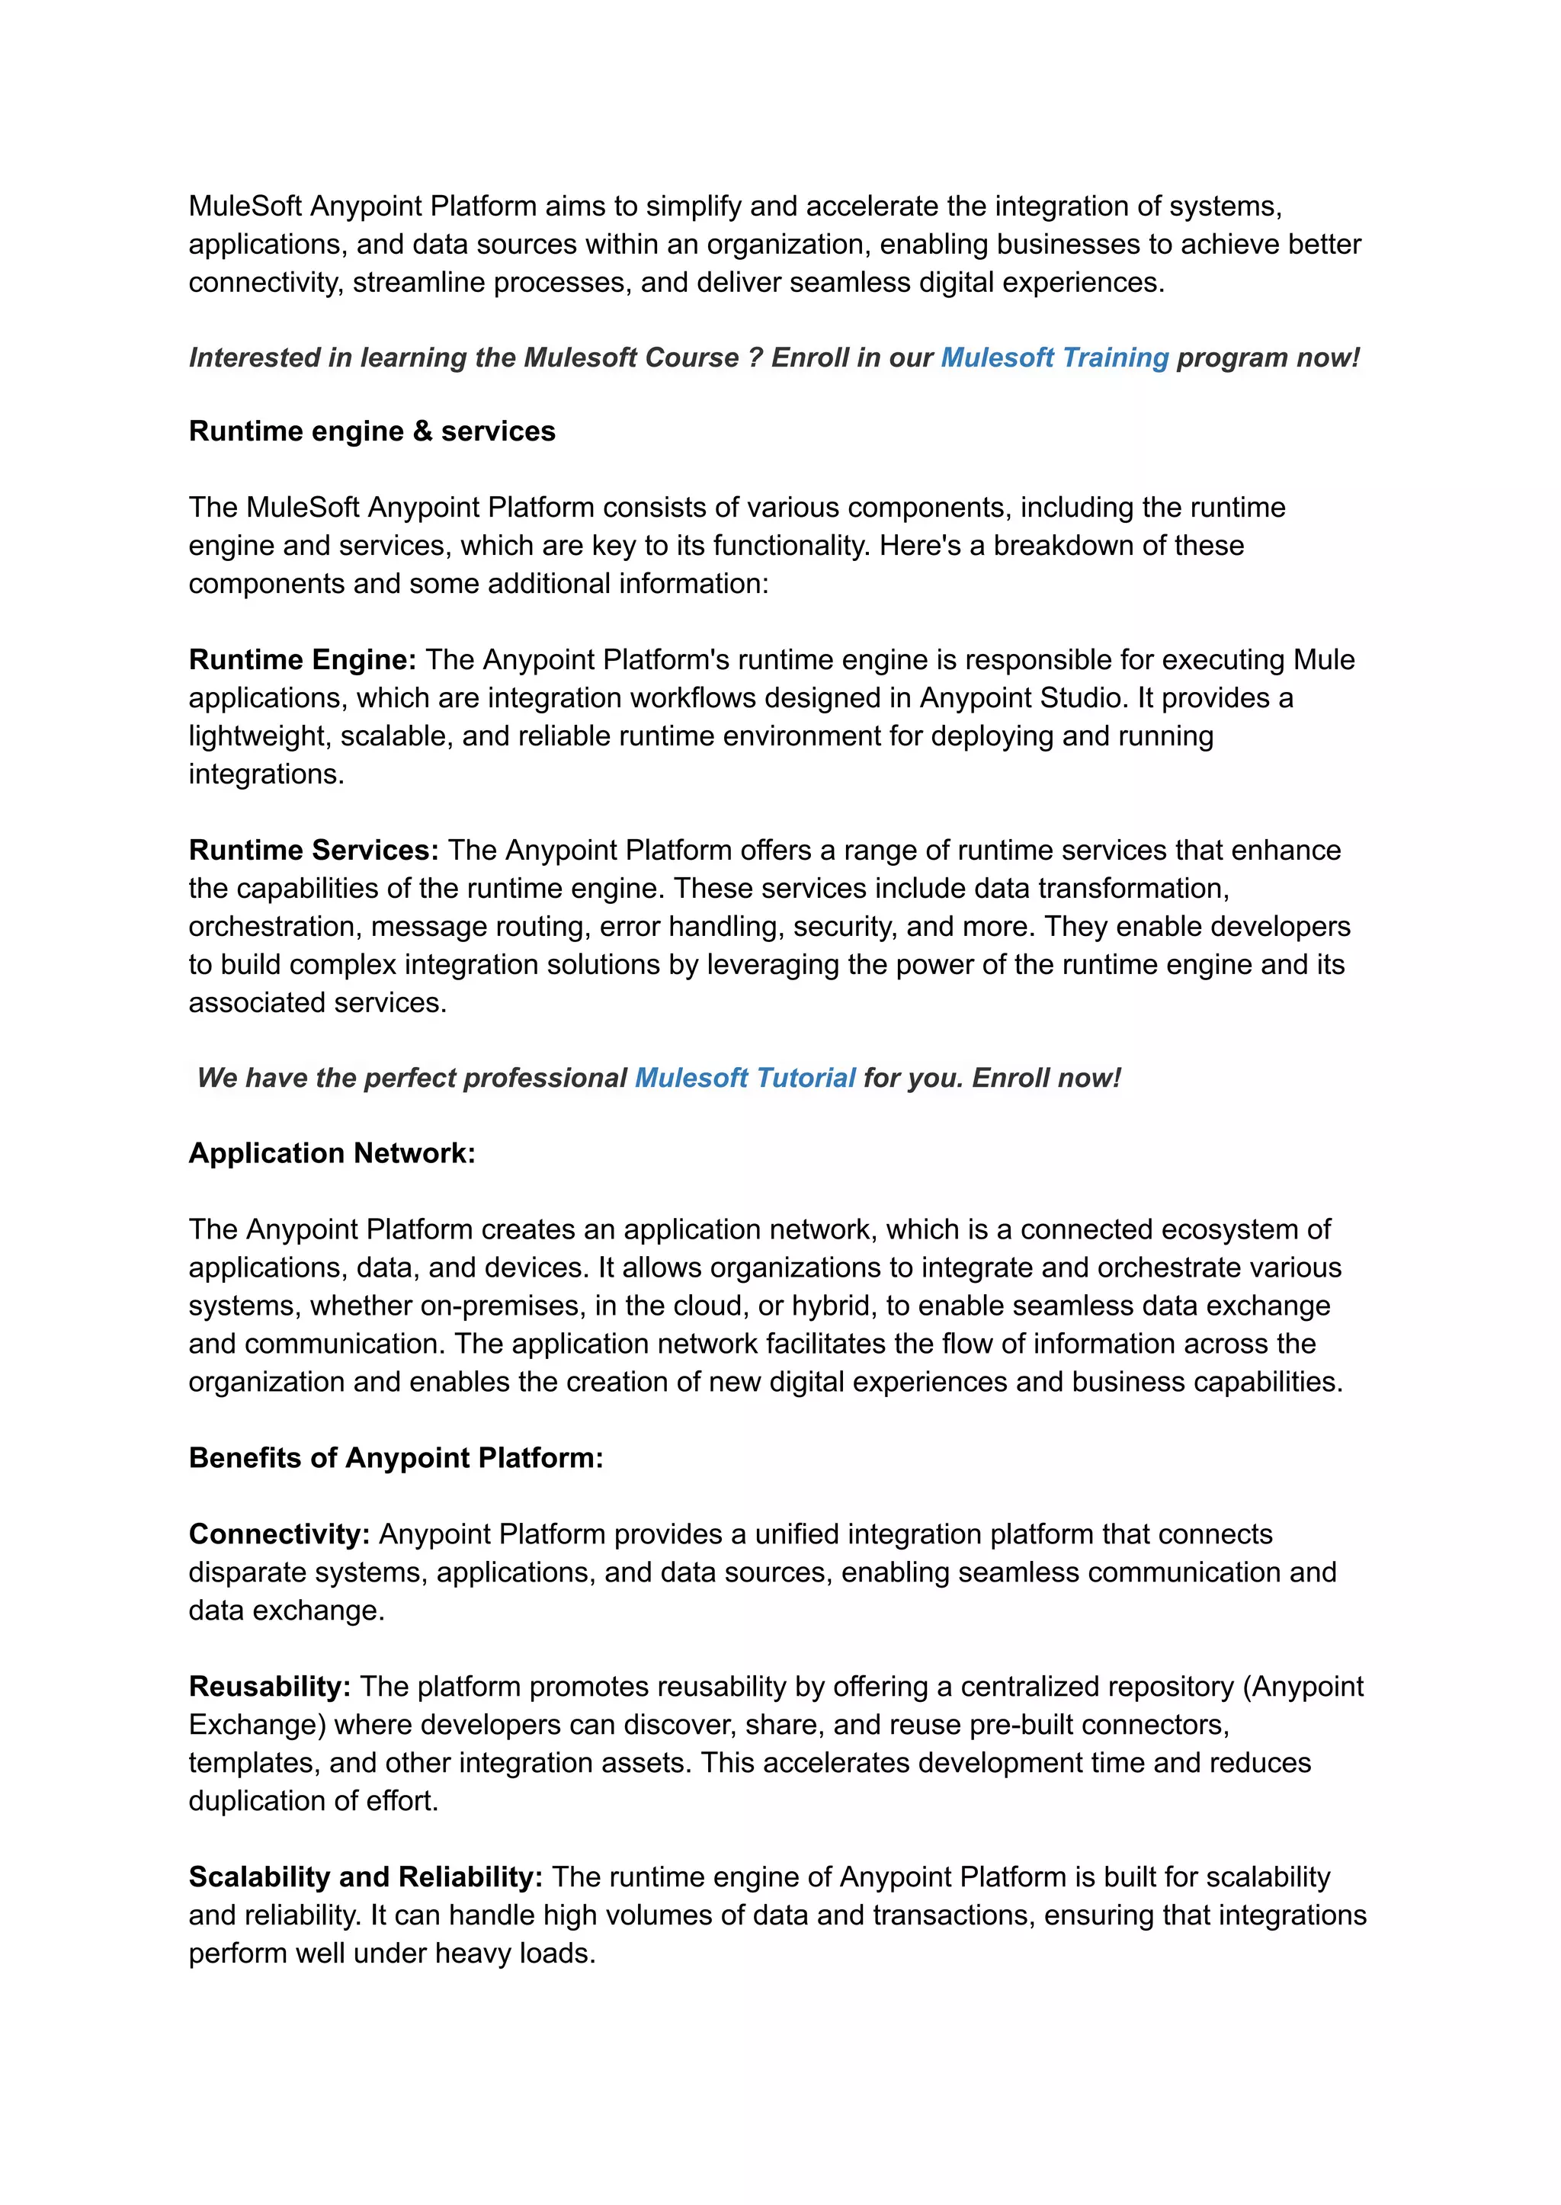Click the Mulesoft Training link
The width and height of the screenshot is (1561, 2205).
pyautogui.click(x=1053, y=357)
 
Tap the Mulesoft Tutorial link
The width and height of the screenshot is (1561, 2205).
pyautogui.click(x=744, y=1078)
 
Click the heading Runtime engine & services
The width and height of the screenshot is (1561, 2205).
pyautogui.click(x=372, y=431)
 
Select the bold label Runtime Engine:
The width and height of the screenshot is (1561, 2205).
pyautogui.click(x=302, y=659)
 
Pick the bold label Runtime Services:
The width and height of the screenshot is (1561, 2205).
pyautogui.click(x=313, y=850)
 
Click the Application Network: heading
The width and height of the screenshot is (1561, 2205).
pyautogui.click(x=332, y=1152)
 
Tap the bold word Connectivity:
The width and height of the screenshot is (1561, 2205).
pyautogui.click(x=279, y=1534)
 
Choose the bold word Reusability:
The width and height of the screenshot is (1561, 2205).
pyautogui.click(x=269, y=1686)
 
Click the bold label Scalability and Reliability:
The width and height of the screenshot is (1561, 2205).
pyautogui.click(x=365, y=1876)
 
